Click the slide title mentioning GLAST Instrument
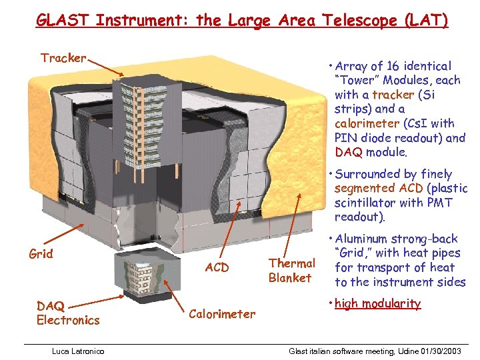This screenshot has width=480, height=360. pyautogui.click(x=242, y=20)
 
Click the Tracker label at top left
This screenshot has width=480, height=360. pyautogui.click(x=63, y=58)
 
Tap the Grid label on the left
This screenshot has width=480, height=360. pyautogui.click(x=41, y=254)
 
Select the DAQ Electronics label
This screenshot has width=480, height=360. pyautogui.click(x=68, y=313)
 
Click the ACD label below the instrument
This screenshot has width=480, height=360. pyautogui.click(x=217, y=268)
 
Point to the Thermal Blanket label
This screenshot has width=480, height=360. pyautogui.click(x=291, y=271)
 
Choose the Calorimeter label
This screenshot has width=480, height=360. pyautogui.click(x=222, y=314)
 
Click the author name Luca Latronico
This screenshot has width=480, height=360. pyautogui.click(x=79, y=351)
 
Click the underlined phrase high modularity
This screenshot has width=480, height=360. pyautogui.click(x=377, y=304)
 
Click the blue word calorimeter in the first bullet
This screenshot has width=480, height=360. pyautogui.click(x=367, y=123)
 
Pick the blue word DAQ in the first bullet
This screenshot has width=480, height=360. pyautogui.click(x=347, y=152)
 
